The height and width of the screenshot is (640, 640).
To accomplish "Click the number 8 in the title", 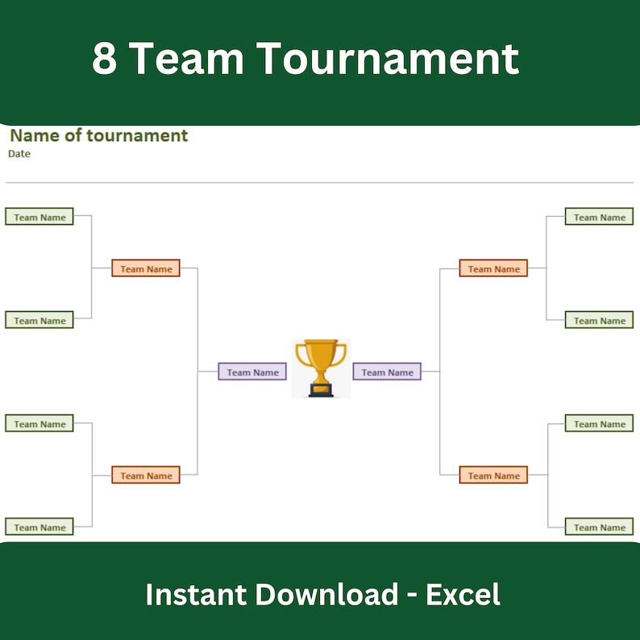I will (x=105, y=58).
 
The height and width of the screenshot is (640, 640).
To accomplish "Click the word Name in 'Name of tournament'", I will (x=35, y=135).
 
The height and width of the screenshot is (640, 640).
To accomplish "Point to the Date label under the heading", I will (x=19, y=153).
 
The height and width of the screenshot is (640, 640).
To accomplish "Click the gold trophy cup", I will (x=321, y=359).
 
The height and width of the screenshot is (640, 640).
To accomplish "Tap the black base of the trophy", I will (x=321, y=391).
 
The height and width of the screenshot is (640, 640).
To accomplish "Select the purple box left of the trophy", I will (x=252, y=372).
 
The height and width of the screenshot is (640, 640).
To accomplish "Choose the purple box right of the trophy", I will (x=387, y=372).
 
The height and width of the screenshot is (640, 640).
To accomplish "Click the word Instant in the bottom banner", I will (x=196, y=595).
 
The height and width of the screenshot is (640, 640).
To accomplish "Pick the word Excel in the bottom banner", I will (x=463, y=595).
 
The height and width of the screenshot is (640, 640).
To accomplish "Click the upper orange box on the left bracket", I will (x=146, y=268).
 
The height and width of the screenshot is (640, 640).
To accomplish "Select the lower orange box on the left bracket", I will (x=146, y=476).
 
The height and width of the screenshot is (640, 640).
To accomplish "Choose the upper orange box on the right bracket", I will (x=493, y=268).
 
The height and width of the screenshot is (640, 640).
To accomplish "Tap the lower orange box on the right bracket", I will (x=493, y=476).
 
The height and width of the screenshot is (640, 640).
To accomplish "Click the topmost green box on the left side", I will (x=39, y=217).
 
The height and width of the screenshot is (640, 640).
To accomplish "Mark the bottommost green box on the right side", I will (x=599, y=527).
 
